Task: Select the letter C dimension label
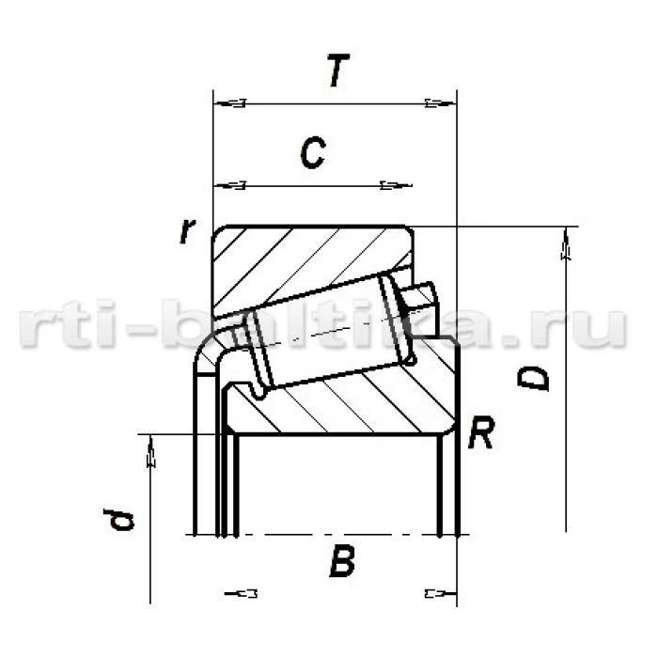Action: tap(313, 153)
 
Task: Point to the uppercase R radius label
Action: tap(481, 433)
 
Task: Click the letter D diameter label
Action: tap(536, 378)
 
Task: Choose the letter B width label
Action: tap(342, 563)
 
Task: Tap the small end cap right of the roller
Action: tap(423, 301)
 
